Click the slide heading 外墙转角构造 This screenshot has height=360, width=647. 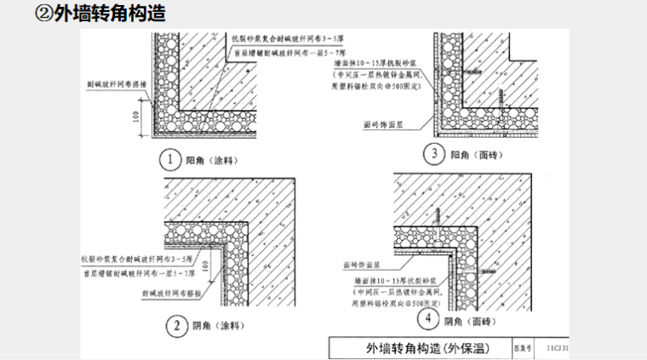click(108, 14)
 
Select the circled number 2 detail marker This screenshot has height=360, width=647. click(175, 324)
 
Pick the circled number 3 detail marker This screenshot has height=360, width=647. click(436, 154)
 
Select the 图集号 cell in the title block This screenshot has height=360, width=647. click(522, 348)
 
